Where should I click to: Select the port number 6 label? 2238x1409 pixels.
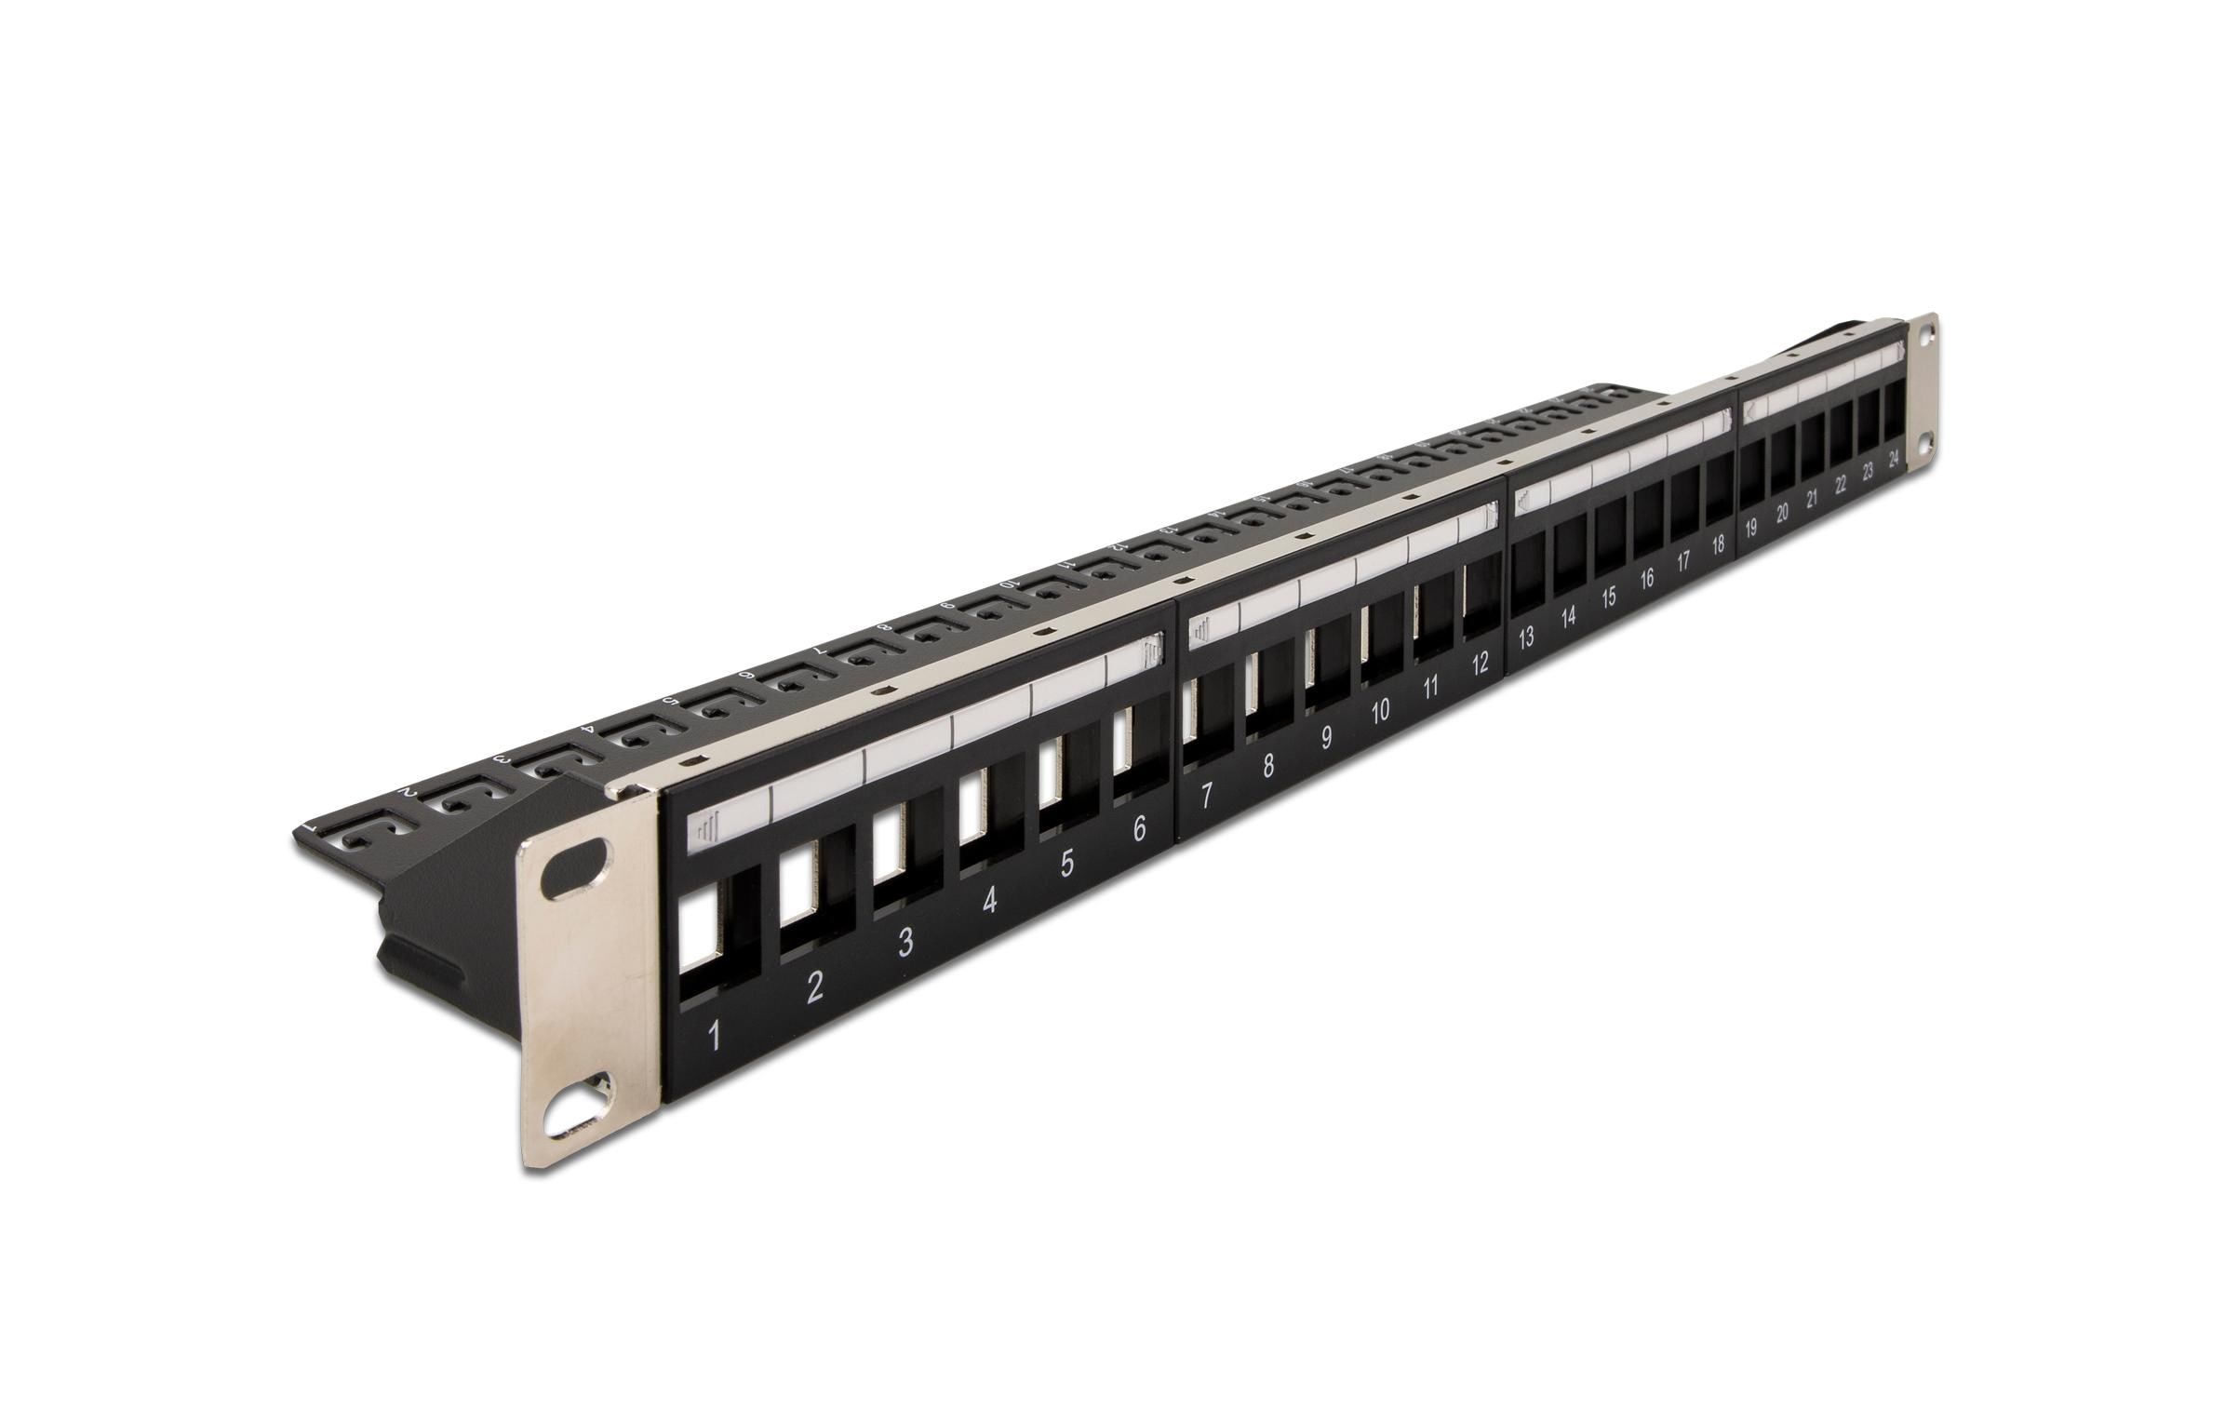[x=1139, y=829]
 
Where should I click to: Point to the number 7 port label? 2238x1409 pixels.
[x=1206, y=796]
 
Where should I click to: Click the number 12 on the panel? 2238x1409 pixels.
[x=1480, y=663]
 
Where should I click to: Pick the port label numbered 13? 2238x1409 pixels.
[x=1525, y=638]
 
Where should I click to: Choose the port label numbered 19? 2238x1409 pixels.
[x=1750, y=529]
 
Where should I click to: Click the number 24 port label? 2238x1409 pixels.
[x=1894, y=458]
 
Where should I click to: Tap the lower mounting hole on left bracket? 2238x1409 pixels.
[x=578, y=1115]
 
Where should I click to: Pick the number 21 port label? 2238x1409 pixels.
[x=1812, y=499]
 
